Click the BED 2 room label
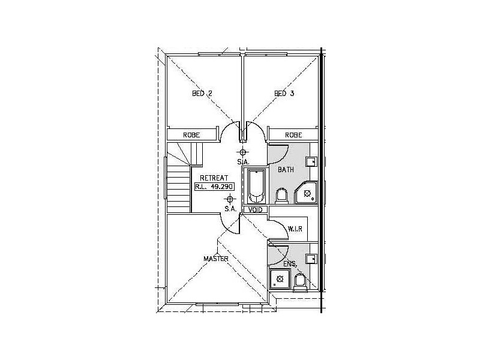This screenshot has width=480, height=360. tap(202, 94)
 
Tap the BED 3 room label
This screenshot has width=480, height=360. tap(284, 93)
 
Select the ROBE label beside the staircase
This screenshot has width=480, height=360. tap(191, 135)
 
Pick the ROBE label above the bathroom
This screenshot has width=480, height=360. tap(293, 135)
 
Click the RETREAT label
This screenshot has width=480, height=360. tap(214, 178)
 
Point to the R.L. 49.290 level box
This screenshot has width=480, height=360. tap(214, 187)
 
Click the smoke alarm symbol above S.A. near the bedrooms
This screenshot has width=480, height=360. tap(243, 152)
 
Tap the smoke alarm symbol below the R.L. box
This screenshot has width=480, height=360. tap(230, 200)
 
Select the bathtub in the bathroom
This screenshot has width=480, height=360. tap(256, 187)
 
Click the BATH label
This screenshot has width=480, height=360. tap(286, 170)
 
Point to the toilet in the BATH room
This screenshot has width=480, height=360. tap(281, 196)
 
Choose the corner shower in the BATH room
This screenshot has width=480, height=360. tap(306, 193)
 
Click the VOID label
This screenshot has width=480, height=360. tap(256, 210)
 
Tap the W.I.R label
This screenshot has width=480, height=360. tap(295, 229)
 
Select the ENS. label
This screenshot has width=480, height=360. tap(290, 263)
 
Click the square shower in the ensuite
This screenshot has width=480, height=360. tap(279, 279)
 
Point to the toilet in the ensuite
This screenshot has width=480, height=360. tap(299, 282)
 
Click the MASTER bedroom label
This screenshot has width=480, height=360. tap(216, 259)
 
